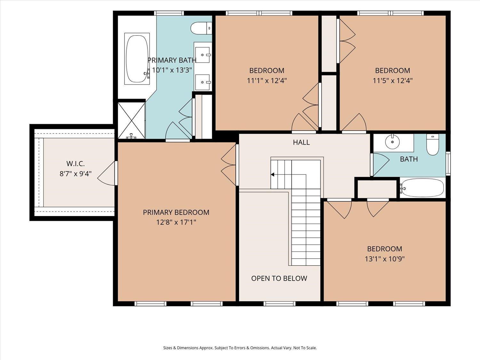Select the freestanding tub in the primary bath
click(137, 59)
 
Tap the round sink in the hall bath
click(392, 142)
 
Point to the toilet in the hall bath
click(433, 145)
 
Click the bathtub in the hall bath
click(422, 188)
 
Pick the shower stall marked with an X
click(132, 121)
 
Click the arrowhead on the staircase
click(272, 174)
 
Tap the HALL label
click(301, 142)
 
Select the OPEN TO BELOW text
click(279, 278)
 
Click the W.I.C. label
click(76, 164)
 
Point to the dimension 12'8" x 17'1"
click(176, 222)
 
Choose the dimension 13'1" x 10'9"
click(385, 259)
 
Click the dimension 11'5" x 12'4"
click(393, 80)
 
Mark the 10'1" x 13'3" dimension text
click(172, 70)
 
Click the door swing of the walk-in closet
click(106, 173)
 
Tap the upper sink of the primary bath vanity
click(203, 55)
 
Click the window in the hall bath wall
click(448, 163)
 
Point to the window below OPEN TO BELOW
click(279, 304)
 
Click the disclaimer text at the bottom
click(240, 348)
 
